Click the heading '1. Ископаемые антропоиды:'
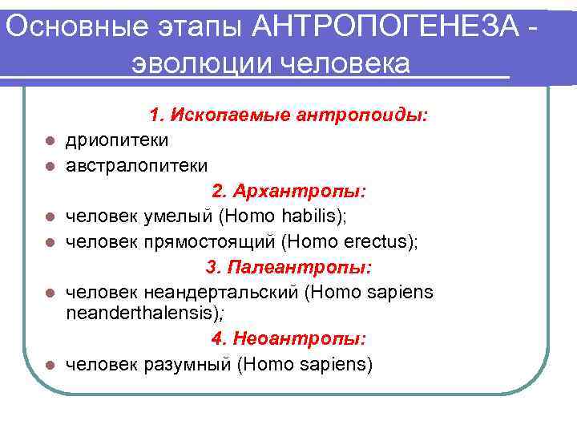pyautogui.click(x=288, y=116)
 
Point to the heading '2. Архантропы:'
pyautogui.click(x=288, y=192)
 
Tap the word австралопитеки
pyautogui.click(x=136, y=166)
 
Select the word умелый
pyautogui.click(x=177, y=216)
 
